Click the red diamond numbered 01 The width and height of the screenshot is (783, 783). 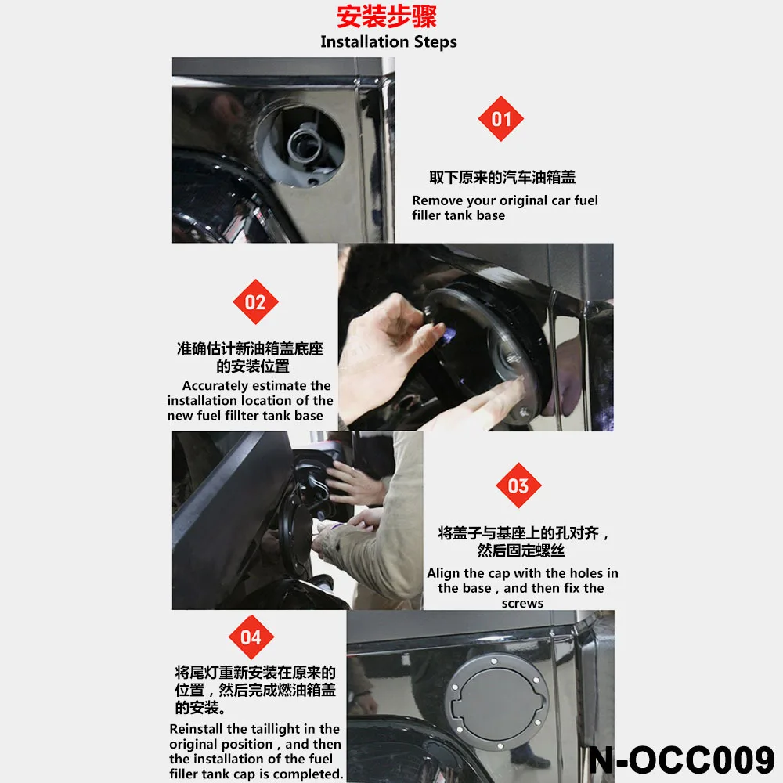tap(501, 119)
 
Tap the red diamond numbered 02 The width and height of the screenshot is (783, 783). tap(255, 302)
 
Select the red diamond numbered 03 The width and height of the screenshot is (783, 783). tap(518, 485)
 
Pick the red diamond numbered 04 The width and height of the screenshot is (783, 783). tap(251, 637)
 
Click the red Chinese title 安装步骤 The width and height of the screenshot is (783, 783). tap(387, 17)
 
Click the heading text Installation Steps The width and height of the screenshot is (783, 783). tap(388, 42)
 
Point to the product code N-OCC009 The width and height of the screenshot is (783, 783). tap(681, 760)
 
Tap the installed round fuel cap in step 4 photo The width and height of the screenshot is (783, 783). tap(496, 690)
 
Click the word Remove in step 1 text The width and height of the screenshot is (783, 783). tap(436, 200)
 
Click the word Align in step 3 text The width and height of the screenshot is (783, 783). tap(443, 573)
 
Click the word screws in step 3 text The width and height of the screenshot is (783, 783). tap(522, 603)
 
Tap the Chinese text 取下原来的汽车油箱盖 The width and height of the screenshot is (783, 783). tap(502, 178)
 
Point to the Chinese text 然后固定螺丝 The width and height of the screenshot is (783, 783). tap(521, 551)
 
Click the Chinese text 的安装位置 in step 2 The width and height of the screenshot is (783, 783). tap(253, 366)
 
